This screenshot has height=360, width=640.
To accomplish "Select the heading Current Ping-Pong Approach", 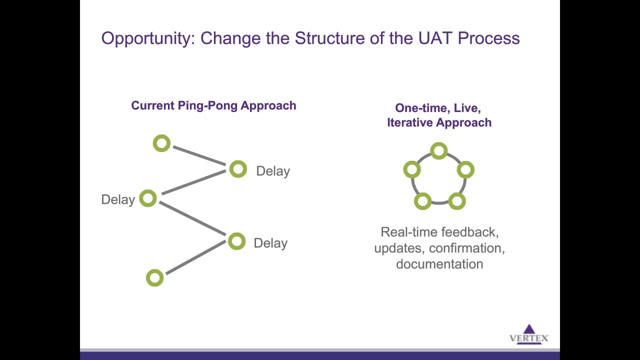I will [213, 105].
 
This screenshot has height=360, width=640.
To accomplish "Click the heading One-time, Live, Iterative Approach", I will [439, 115].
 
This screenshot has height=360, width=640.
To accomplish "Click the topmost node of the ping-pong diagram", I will [161, 144].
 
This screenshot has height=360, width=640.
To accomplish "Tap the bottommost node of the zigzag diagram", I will [154, 277].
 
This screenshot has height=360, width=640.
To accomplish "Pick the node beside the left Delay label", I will [148, 198].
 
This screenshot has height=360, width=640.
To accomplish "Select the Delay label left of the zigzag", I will [118, 199].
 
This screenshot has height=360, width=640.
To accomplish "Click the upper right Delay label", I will [272, 171].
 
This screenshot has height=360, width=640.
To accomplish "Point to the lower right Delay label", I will [270, 243].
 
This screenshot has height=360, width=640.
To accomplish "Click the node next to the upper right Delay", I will [238, 169].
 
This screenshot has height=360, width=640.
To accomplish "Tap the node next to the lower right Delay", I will [236, 241].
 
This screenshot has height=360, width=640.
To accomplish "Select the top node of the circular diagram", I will [438, 150].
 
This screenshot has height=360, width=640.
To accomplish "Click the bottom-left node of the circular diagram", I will [422, 201].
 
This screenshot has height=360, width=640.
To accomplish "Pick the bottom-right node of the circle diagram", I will [456, 201].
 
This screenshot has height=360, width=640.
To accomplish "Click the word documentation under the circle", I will [439, 264].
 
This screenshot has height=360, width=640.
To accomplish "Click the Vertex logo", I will [529, 334].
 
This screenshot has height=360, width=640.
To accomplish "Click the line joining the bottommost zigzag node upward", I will [195, 257].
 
